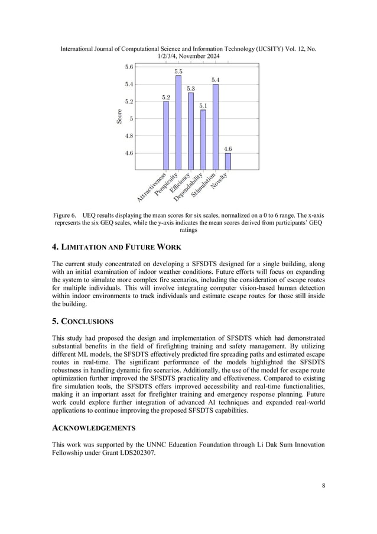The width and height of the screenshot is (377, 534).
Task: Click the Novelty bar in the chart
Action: (x=228, y=161)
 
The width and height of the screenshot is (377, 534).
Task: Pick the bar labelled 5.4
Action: (x=216, y=127)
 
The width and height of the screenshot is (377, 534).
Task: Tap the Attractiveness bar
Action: (x=166, y=135)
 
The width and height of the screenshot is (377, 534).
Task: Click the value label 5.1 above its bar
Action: (x=203, y=105)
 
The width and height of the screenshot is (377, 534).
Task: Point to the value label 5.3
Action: (x=191, y=88)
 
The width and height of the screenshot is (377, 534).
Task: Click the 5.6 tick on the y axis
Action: (x=129, y=67)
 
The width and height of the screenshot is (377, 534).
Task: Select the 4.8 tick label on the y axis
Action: (x=129, y=135)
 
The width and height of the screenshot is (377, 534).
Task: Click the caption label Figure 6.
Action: (x=65, y=215)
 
